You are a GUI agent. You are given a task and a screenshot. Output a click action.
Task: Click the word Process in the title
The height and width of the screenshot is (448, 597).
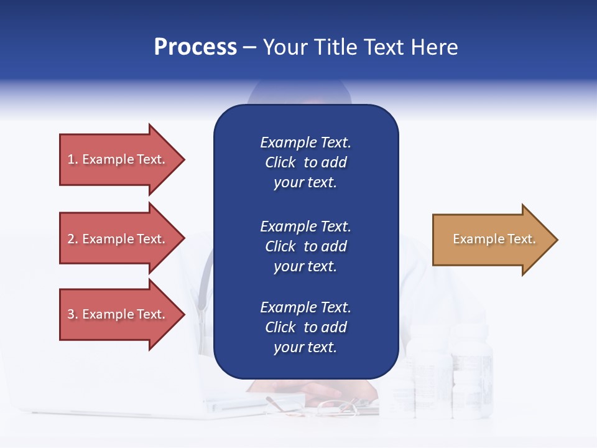195,47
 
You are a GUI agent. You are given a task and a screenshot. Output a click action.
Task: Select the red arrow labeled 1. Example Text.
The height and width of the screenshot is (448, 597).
118,159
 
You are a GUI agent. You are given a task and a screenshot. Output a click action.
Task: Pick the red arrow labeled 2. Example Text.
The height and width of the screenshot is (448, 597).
118,239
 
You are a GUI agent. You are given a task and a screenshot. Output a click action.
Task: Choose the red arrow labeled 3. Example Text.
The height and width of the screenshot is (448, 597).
118,314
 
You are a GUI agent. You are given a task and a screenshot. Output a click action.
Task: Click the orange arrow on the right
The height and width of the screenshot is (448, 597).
491,240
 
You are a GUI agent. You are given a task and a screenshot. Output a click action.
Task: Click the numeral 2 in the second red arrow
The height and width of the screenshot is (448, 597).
71,239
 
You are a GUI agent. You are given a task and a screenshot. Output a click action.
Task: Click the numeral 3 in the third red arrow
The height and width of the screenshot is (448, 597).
71,314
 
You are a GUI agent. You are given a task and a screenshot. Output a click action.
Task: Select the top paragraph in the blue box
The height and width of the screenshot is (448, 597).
305,162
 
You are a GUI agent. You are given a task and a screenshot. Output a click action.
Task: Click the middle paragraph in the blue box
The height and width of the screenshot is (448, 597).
305,246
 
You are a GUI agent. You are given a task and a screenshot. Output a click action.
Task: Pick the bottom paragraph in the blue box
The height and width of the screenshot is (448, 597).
305,327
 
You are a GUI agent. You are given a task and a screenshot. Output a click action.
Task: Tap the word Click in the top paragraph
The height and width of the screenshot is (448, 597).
280,162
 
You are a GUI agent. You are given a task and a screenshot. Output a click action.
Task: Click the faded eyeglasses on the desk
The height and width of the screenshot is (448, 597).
336,408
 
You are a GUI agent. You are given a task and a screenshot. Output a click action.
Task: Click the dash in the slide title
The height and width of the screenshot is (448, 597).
249,48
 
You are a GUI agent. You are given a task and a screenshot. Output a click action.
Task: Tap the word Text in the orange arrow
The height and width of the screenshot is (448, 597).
521,239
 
